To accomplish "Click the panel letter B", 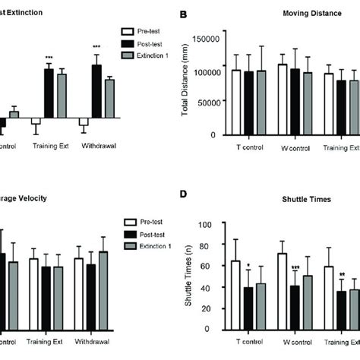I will pyautogui.click(x=182, y=14).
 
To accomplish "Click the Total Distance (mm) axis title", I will pyautogui.click(x=185, y=81).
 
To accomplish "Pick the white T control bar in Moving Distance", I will pyautogui.click(x=236, y=103).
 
